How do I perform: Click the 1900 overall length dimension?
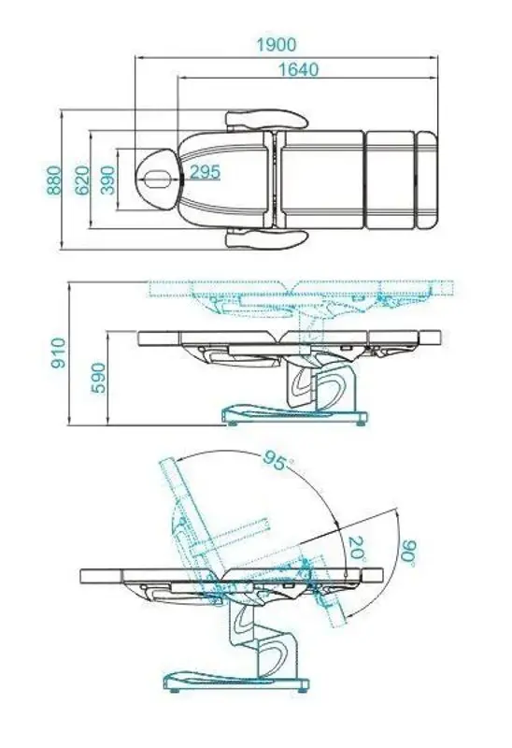pyautogui.click(x=276, y=45)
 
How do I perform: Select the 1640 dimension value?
pyautogui.click(x=298, y=69)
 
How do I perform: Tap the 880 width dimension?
pyautogui.click(x=55, y=180)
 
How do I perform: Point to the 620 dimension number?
pyautogui.click(x=82, y=180)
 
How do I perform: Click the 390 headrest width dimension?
pyautogui.click(x=108, y=180)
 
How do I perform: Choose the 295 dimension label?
pyautogui.click(x=206, y=172)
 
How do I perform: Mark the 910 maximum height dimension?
pyautogui.click(x=58, y=352)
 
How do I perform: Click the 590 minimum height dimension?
pyautogui.click(x=98, y=378)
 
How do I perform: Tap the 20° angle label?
pyautogui.click(x=358, y=549)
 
